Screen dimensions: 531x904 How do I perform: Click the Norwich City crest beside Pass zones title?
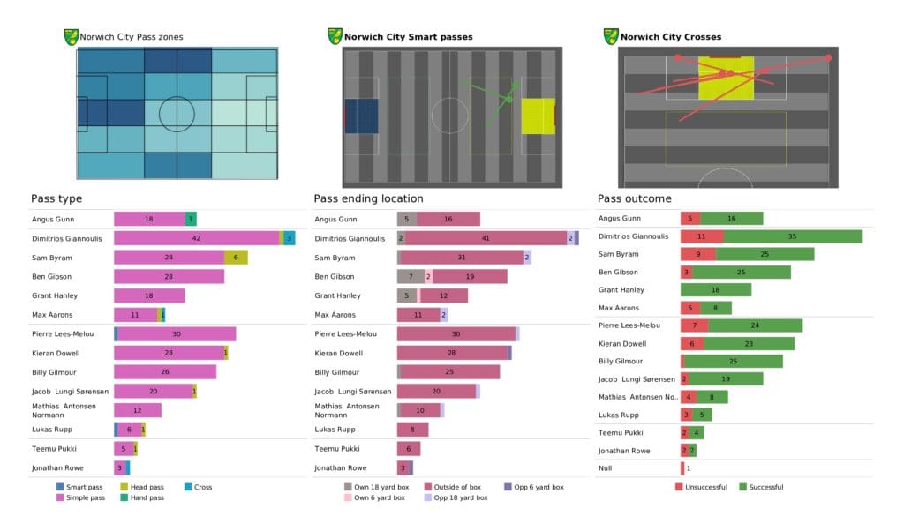pyautogui.click(x=71, y=37)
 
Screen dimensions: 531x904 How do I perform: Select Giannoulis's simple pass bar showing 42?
pyautogui.click(x=196, y=238)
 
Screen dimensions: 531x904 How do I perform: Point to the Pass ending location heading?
pyautogui.click(x=368, y=198)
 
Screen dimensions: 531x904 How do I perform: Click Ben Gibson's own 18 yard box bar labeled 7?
pyautogui.click(x=411, y=276)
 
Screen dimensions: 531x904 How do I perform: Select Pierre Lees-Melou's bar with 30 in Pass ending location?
pyautogui.click(x=456, y=334)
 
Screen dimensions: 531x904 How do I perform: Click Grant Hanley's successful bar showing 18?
pyautogui.click(x=716, y=289)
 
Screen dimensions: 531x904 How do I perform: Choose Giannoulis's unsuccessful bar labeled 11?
pyautogui.click(x=702, y=236)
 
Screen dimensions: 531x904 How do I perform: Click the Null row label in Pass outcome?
pyautogui.click(x=606, y=468)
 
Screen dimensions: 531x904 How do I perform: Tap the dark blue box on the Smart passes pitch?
pyautogui.click(x=361, y=116)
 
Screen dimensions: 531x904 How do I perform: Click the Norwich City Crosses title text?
pyautogui.click(x=670, y=37)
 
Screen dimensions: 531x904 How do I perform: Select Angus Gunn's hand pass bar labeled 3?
pyautogui.click(x=191, y=219)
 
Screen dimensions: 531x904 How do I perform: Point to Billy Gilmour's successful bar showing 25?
pyautogui.click(x=734, y=361)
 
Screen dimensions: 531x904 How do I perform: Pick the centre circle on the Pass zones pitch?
pyautogui.click(x=177, y=114)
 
